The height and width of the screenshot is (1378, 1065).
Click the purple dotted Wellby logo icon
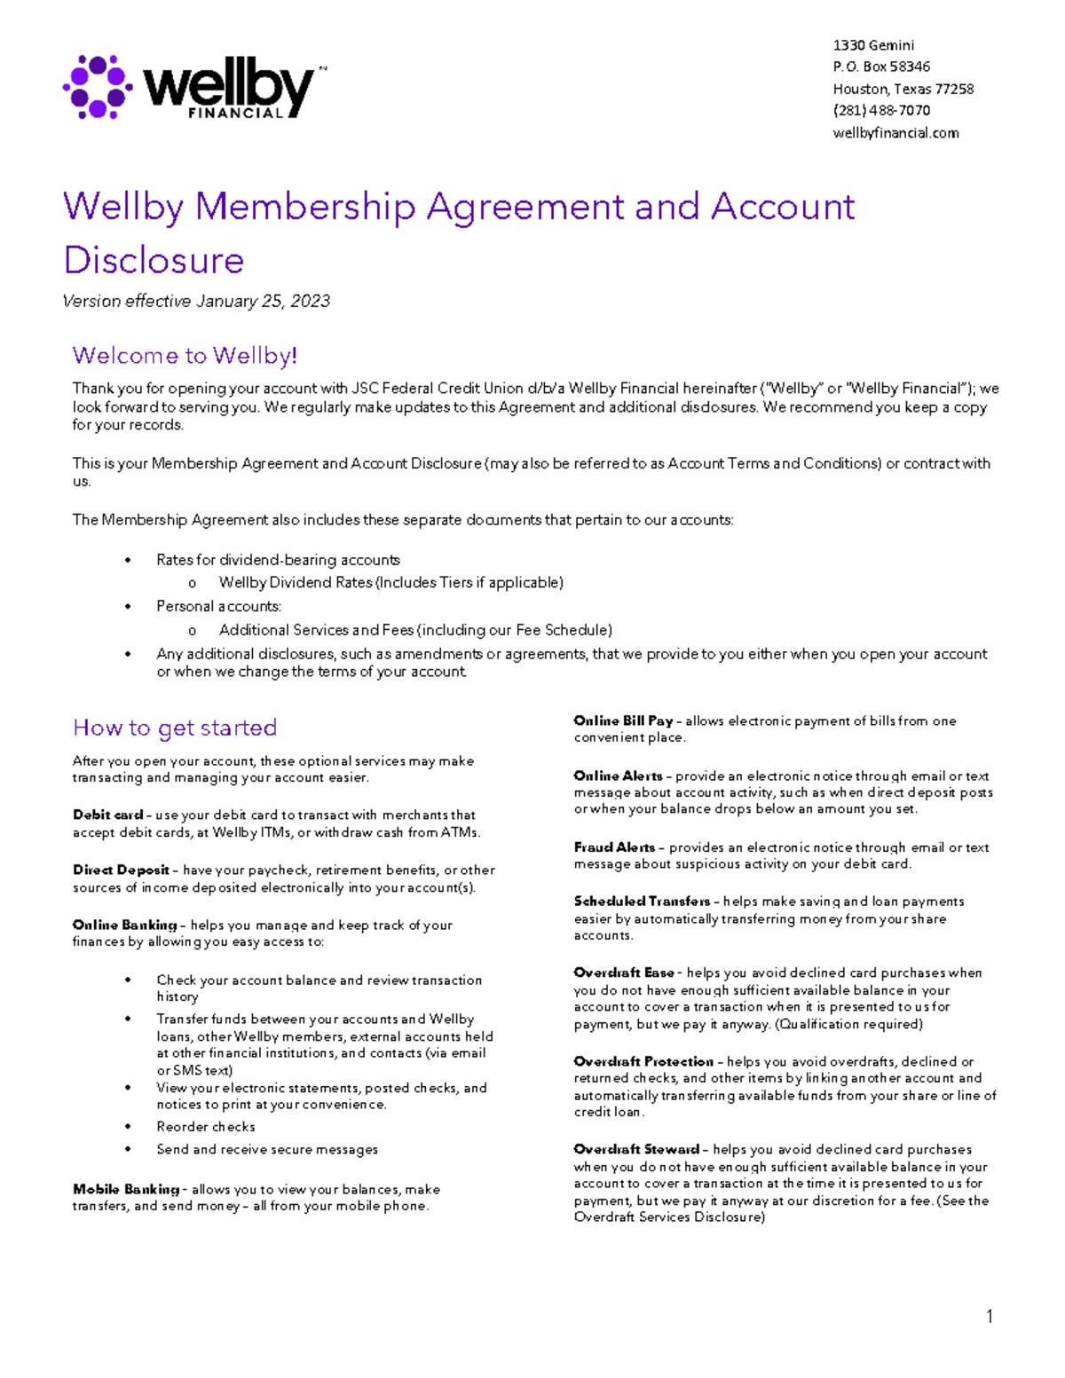(x=98, y=87)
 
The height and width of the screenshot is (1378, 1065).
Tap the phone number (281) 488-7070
(x=881, y=111)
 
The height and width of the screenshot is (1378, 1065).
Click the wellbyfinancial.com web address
(x=895, y=133)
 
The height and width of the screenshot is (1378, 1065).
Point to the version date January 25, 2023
(x=263, y=302)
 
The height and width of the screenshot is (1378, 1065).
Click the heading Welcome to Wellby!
(x=185, y=356)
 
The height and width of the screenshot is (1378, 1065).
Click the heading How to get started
(x=175, y=728)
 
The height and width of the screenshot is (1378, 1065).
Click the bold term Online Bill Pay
(x=623, y=721)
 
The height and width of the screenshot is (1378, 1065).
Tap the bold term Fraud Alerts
(x=614, y=848)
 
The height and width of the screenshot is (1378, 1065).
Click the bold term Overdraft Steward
(x=636, y=1150)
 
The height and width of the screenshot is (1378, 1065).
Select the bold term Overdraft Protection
(x=643, y=1062)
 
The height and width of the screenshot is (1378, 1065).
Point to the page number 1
(x=989, y=1317)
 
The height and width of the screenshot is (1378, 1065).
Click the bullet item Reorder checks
(x=206, y=1127)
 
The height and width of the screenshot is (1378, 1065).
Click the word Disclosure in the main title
(x=154, y=260)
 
